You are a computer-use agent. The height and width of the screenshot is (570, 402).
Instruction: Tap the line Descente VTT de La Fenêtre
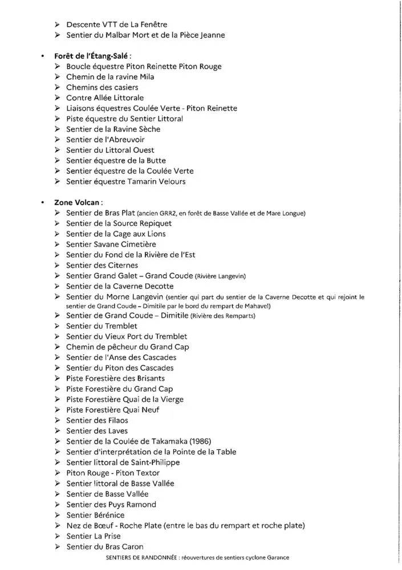(116, 25)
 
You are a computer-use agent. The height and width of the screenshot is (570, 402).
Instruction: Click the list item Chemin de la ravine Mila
(110, 77)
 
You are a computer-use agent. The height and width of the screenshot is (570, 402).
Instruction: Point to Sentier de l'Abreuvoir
(105, 140)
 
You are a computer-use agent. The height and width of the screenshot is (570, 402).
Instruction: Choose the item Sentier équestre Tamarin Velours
(125, 182)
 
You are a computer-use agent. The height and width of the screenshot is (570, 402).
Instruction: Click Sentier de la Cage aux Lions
(116, 234)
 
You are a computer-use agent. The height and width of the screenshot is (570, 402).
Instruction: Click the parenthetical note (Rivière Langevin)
(220, 276)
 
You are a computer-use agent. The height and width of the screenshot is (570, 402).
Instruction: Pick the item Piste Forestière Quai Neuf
(113, 410)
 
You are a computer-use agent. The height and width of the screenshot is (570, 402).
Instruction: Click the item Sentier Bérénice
(95, 515)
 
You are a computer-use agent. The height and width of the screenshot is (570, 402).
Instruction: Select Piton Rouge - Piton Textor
(113, 473)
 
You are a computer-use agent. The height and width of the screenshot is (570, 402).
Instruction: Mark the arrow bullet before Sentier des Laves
(58, 431)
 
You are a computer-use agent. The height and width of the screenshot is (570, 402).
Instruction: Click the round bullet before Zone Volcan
(42, 202)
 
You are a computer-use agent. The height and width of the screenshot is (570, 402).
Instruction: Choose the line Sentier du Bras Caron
(105, 547)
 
